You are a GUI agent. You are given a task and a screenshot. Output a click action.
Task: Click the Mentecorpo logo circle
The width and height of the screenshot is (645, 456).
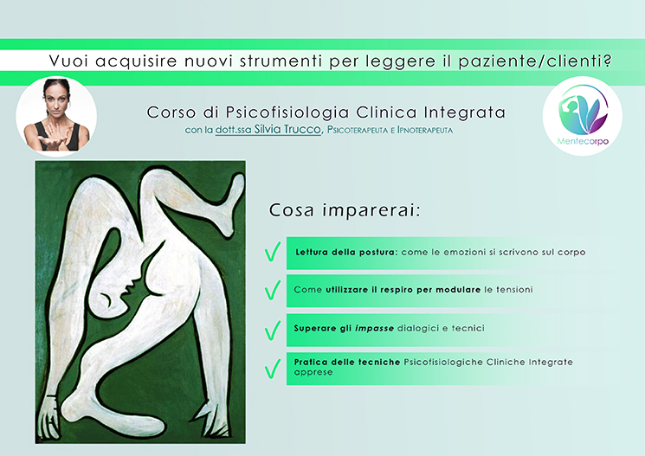pos(582,116)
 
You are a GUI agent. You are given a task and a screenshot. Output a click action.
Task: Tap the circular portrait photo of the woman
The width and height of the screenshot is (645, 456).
pos(56,116)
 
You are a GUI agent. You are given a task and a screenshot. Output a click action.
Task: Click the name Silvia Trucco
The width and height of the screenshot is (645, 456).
pos(287,129)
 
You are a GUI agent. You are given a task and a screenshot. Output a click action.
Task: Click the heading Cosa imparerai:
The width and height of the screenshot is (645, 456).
pos(345,210)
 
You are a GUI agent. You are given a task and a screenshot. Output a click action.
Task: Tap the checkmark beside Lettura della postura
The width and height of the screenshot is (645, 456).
pos(273,252)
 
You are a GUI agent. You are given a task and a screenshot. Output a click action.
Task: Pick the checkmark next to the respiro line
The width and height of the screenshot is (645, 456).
pos(273,290)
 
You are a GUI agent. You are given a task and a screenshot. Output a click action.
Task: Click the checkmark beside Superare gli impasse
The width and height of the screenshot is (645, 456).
pos(273,331)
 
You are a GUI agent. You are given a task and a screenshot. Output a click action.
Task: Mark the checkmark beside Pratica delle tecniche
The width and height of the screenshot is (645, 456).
pos(273,369)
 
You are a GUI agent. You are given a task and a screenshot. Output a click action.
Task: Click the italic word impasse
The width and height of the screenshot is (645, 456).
pos(374,329)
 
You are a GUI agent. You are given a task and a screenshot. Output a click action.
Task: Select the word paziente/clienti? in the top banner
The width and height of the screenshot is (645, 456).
pos(535,61)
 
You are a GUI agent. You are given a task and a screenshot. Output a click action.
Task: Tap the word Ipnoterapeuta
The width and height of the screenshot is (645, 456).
pos(425,130)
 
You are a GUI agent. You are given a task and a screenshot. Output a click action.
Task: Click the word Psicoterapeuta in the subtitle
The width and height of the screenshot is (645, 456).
pos(358,130)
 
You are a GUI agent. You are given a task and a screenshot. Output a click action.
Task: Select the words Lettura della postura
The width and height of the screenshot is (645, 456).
pos(346,252)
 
